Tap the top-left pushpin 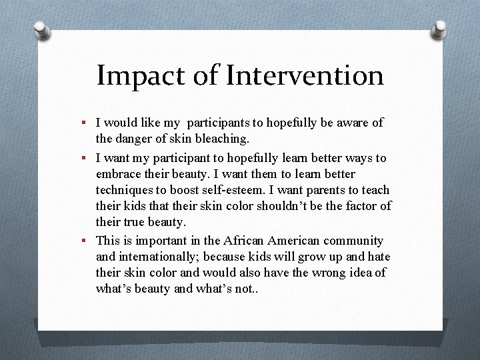click(41, 30)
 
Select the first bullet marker click(86, 123)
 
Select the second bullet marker click(86, 159)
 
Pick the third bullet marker click(86, 241)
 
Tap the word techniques click(124, 191)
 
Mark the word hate click(379, 256)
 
